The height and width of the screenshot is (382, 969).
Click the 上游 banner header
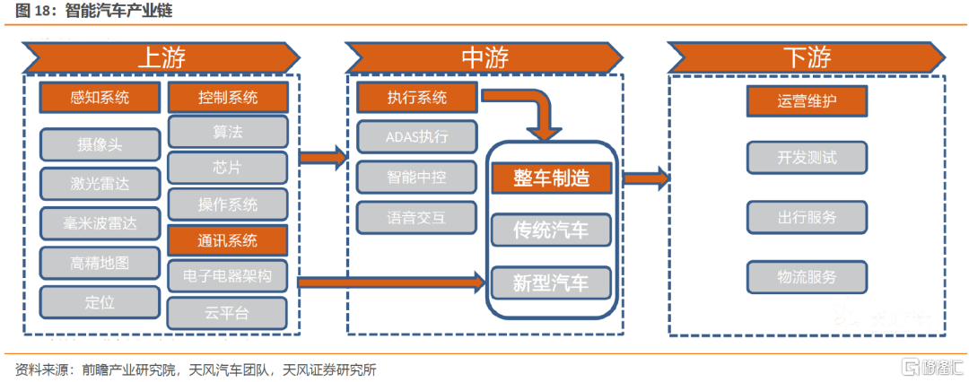pyautogui.click(x=161, y=57)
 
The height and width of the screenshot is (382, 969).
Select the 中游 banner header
pyautogui.click(x=485, y=57)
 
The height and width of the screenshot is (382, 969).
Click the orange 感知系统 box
pyautogui.click(x=100, y=98)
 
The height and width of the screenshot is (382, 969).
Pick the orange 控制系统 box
pyautogui.click(x=227, y=98)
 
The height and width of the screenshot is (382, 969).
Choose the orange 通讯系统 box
pyautogui.click(x=227, y=240)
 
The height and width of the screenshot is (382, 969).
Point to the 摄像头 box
pyautogui.click(x=100, y=143)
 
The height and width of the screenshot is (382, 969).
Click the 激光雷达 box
pyautogui.click(x=100, y=184)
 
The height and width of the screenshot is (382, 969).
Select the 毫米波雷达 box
pyautogui.click(x=100, y=223)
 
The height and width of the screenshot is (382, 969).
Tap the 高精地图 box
pyautogui.click(x=100, y=263)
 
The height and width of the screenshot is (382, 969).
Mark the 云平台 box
pyautogui.click(x=227, y=312)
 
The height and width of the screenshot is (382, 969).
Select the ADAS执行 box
pyautogui.click(x=416, y=137)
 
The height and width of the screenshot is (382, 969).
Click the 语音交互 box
pyautogui.click(x=416, y=216)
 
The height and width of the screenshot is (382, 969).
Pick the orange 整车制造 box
pyautogui.click(x=551, y=178)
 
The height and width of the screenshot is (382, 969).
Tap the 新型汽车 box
pyautogui.click(x=551, y=283)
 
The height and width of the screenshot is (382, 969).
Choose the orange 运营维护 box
pyautogui.click(x=807, y=101)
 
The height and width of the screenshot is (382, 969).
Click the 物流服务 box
pyautogui.click(x=807, y=276)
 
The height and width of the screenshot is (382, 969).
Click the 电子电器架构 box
pyautogui.click(x=227, y=275)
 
